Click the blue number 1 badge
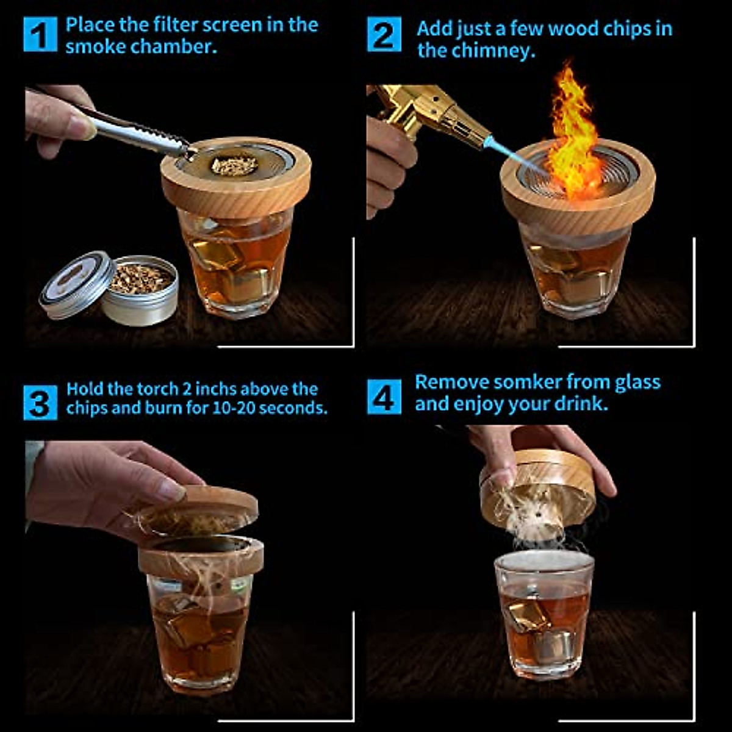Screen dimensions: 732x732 tap(40, 35)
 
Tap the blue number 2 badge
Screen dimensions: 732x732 tap(384, 35)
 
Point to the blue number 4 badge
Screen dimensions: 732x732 tap(384, 397)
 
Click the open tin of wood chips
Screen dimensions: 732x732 tap(140, 290)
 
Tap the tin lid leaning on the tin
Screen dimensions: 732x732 tap(76, 285)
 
